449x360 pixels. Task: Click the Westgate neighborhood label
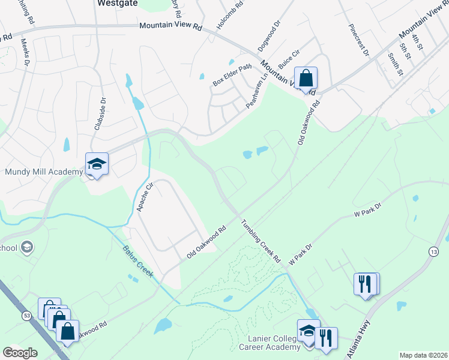coord(117,3)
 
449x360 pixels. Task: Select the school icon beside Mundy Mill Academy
coord(96,164)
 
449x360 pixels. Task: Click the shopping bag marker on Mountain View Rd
coord(306,79)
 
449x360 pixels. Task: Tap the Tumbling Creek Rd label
coord(261,242)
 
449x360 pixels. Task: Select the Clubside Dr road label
coord(100,114)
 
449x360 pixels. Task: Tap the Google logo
coord(20,352)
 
